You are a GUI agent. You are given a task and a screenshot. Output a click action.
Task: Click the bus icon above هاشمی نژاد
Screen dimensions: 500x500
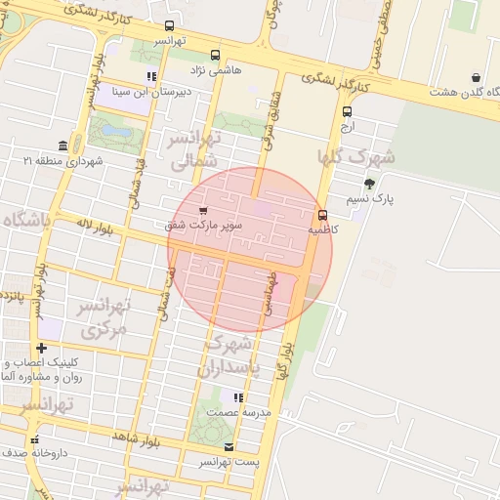click(x=216, y=55)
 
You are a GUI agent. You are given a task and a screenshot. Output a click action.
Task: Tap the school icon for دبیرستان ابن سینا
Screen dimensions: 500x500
click(x=151, y=76)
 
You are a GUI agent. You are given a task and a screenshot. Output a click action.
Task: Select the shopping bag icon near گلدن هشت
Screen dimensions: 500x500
click(x=476, y=77)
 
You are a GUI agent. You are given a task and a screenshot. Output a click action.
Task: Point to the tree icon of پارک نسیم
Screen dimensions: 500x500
click(x=369, y=183)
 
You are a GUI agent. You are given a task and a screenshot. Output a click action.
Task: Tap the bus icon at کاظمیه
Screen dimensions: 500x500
click(x=322, y=215)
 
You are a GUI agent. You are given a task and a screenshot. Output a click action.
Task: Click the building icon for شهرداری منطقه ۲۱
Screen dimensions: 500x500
click(x=63, y=146)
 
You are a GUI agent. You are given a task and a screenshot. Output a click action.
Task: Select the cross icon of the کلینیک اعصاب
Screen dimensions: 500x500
click(x=41, y=348)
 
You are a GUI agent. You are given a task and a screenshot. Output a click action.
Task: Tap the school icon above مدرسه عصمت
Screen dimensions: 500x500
click(x=236, y=397)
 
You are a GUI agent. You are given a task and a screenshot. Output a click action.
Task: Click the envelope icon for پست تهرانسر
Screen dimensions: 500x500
click(x=229, y=446)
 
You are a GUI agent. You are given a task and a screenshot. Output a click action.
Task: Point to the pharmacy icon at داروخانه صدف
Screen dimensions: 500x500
click(x=35, y=438)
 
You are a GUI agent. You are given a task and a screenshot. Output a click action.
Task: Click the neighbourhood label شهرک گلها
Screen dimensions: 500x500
click(x=355, y=156)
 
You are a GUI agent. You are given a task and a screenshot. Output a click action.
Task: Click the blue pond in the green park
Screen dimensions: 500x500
click(x=116, y=129)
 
